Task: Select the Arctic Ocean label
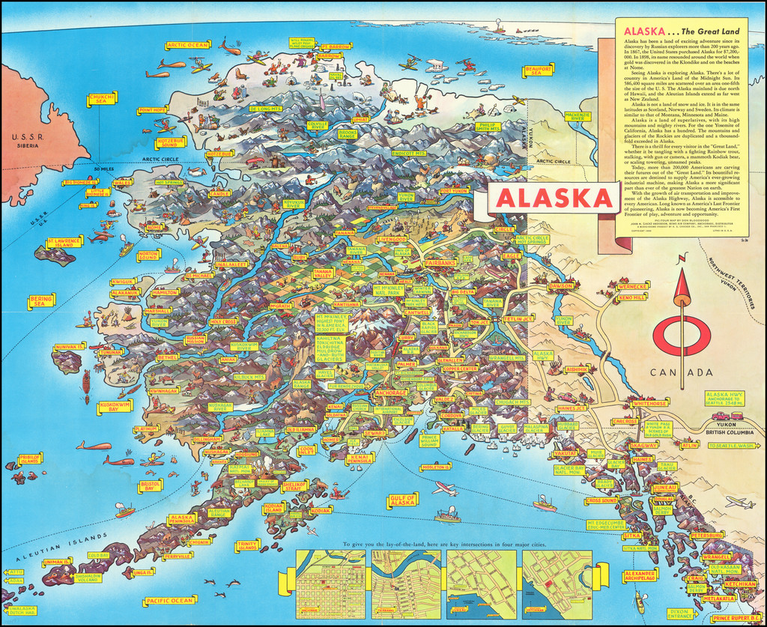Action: pos(187,45)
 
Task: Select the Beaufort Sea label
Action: pos(539,70)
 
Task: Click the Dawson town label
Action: pos(560,285)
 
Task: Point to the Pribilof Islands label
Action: pos(30,458)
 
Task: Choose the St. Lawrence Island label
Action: pos(63,243)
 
